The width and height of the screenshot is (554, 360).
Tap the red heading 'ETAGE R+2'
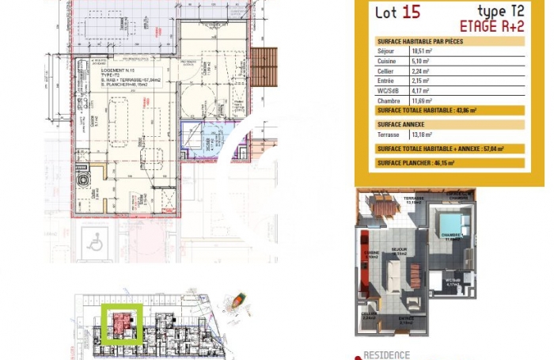[492, 25]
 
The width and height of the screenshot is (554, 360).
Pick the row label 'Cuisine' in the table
[385, 61]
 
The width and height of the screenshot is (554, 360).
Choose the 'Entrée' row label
[385, 81]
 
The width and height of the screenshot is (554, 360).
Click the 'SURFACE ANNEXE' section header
[401, 124]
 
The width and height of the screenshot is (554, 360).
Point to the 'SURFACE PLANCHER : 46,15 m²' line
[416, 161]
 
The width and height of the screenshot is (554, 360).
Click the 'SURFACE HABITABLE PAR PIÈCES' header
[420, 41]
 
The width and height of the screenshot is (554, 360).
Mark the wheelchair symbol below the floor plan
[96, 244]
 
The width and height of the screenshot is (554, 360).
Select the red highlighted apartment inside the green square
[121, 324]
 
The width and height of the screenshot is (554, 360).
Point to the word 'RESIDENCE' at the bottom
[386, 354]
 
